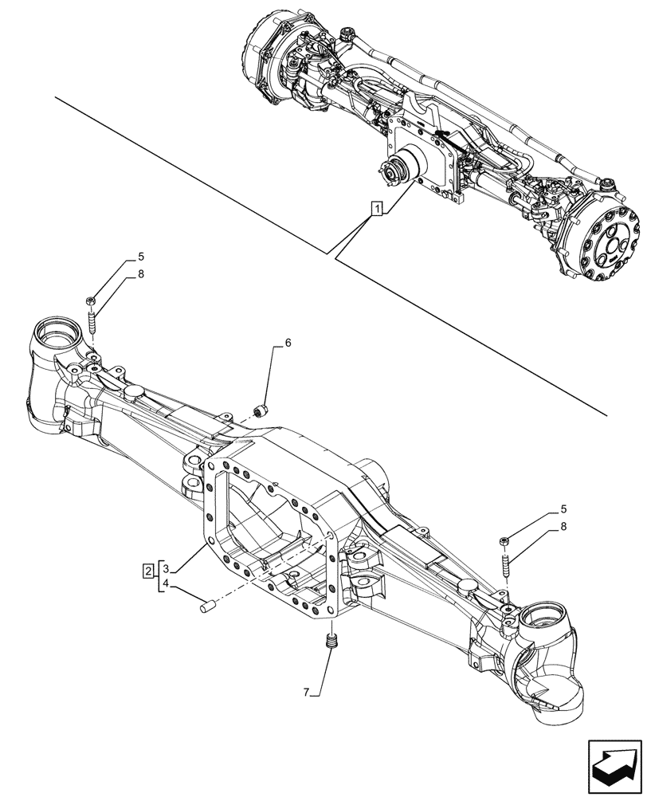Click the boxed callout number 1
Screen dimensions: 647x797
(376, 210)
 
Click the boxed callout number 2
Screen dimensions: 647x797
(148, 570)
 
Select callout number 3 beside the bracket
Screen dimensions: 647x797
(166, 569)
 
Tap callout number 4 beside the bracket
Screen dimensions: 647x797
(166, 584)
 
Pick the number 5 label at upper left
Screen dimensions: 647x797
(140, 257)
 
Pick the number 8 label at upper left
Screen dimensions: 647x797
(140, 274)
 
